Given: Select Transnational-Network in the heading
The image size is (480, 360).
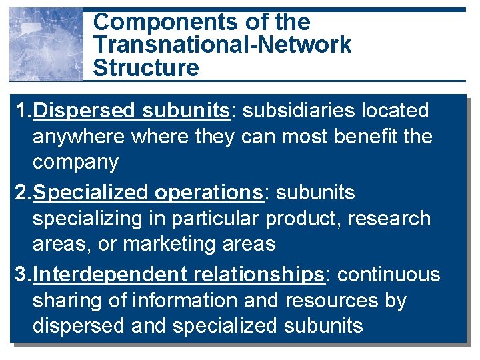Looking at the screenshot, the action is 222,45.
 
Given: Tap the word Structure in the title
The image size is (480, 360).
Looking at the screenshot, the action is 146,68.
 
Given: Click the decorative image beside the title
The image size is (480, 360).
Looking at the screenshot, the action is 46,45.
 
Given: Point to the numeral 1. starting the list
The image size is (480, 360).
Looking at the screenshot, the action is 21,111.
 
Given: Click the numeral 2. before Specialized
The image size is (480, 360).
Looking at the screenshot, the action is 21,193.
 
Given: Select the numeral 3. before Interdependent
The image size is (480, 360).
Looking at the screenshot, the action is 21,275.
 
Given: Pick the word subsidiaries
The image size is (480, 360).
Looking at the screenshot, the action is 293,111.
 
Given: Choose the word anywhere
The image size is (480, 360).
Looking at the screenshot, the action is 79,137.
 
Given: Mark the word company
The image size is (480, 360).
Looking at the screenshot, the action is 75,163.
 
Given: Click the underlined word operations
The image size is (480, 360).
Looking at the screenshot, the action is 208,193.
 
